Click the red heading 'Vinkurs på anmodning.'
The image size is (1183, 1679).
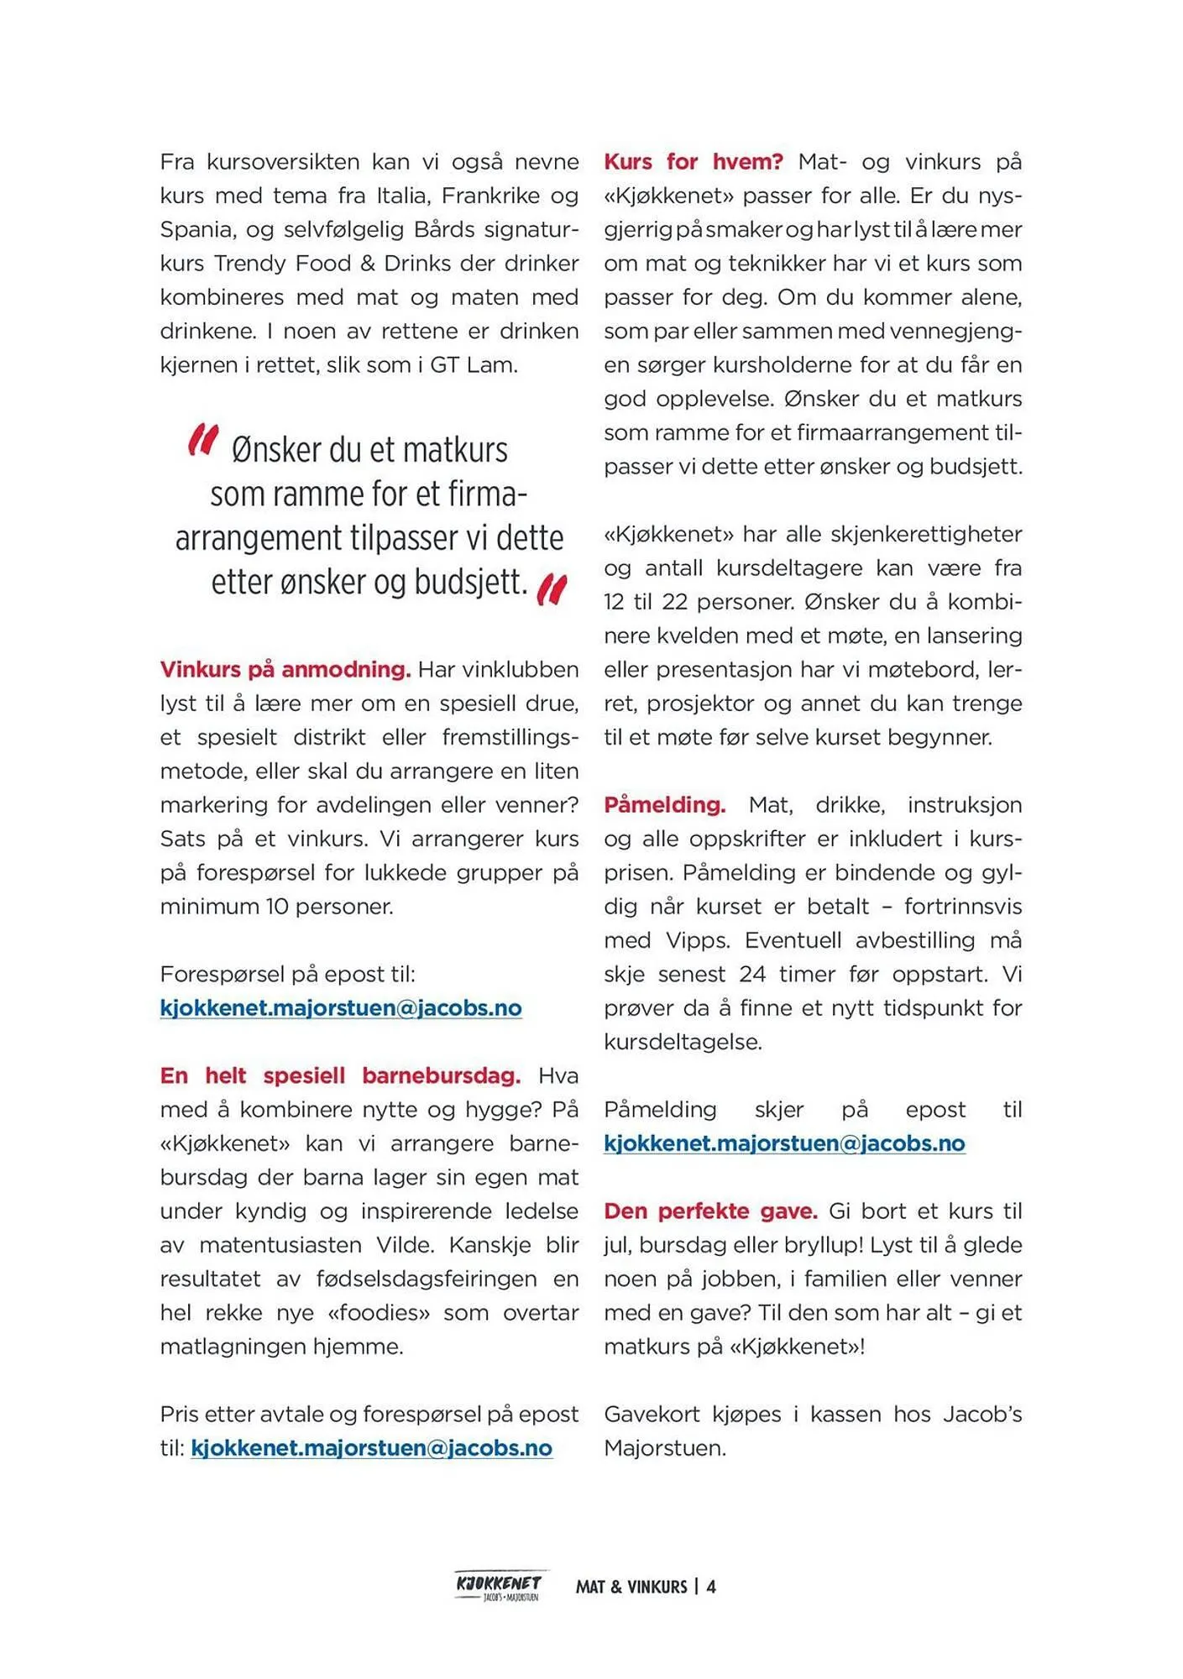pos(285,670)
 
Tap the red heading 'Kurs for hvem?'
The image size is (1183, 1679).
pos(693,162)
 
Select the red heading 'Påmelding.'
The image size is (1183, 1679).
pos(664,805)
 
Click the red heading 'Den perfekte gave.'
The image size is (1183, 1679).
pos(710,1211)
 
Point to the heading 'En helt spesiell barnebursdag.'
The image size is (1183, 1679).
pos(340,1076)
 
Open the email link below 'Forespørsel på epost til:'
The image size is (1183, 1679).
pos(341,1008)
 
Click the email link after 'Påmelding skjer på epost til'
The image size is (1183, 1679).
pos(784,1143)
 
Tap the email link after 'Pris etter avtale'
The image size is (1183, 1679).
pos(371,1448)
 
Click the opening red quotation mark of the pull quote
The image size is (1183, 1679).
pos(202,440)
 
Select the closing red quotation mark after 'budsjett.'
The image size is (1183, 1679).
pos(552,589)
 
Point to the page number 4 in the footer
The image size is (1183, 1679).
pos(711,1587)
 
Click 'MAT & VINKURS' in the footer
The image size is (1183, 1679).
pos(631,1587)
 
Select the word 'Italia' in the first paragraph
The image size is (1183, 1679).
pos(401,196)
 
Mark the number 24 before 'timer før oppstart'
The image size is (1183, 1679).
pos(752,975)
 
